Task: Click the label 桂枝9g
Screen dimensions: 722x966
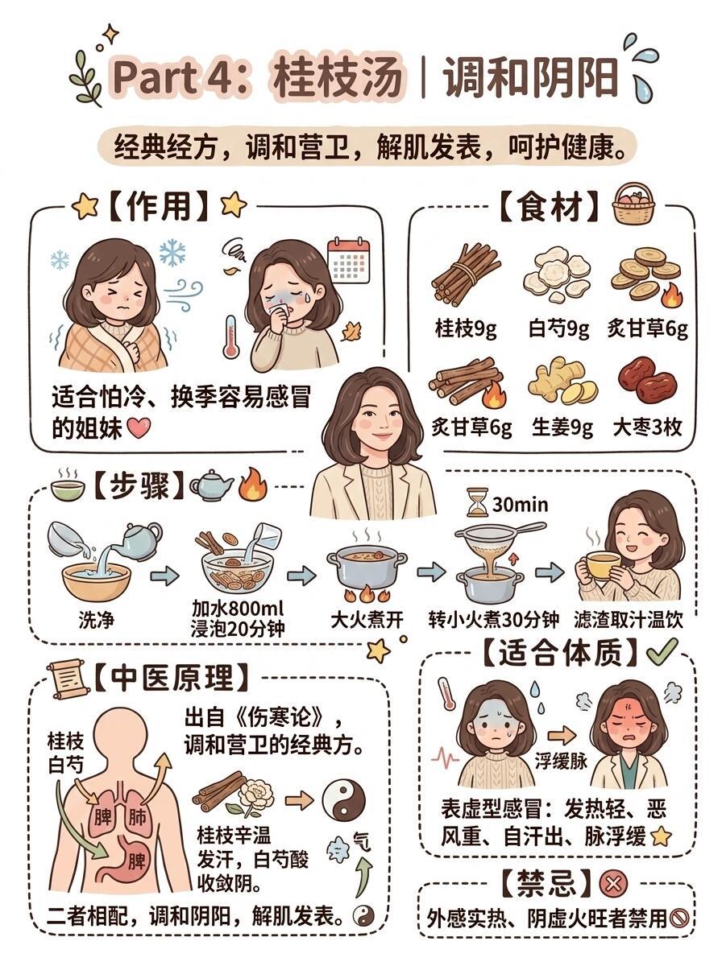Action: tap(466, 328)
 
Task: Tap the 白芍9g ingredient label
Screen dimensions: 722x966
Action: tap(559, 328)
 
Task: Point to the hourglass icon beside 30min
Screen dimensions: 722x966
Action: tap(478, 502)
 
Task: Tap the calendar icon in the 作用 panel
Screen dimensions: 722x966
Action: tap(350, 260)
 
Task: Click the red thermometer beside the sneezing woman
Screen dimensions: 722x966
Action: tap(230, 336)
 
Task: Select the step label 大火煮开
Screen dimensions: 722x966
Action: tap(367, 620)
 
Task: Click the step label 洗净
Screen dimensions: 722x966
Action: tap(96, 620)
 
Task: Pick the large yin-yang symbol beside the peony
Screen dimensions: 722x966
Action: tap(343, 800)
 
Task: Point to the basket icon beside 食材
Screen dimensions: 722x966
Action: tap(633, 204)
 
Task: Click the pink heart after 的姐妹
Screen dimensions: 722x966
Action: tap(139, 427)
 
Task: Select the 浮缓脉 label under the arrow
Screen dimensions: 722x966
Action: tap(561, 761)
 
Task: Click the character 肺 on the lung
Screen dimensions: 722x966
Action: tap(136, 817)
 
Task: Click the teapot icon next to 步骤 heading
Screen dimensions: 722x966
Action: tap(211, 485)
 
